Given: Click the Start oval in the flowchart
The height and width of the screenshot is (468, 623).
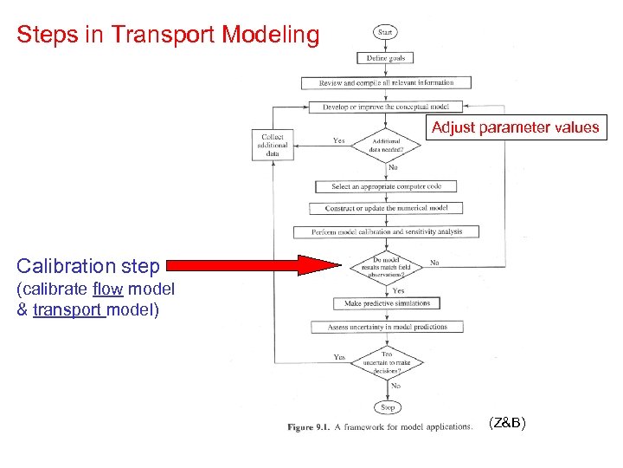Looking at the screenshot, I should point(385,33).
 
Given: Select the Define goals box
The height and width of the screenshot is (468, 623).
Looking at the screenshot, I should point(385,58).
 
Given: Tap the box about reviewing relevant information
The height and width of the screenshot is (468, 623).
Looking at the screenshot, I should point(386,83).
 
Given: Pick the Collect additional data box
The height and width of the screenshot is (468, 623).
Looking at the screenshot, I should point(274,145).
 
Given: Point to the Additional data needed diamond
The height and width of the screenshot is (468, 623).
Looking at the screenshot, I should point(386,145).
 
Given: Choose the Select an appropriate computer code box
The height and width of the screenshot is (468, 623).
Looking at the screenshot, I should point(386,186).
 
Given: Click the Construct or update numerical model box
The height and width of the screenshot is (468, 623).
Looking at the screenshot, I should point(386,209).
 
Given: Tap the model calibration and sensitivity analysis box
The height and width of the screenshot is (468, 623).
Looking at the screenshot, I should point(387,231).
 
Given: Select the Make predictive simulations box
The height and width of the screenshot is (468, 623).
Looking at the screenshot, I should point(386,303).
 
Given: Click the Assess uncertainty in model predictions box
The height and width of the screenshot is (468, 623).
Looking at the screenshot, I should point(387,327).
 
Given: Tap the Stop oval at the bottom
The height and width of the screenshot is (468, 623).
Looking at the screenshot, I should point(387,406).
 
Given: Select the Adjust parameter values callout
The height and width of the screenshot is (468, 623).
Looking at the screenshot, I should point(515,127).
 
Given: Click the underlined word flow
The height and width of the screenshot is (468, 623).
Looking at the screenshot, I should point(107,289).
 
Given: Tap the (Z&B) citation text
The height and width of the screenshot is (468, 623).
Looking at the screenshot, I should point(506,423).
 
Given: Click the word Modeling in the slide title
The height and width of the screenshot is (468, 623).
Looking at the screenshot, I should point(270,35).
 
